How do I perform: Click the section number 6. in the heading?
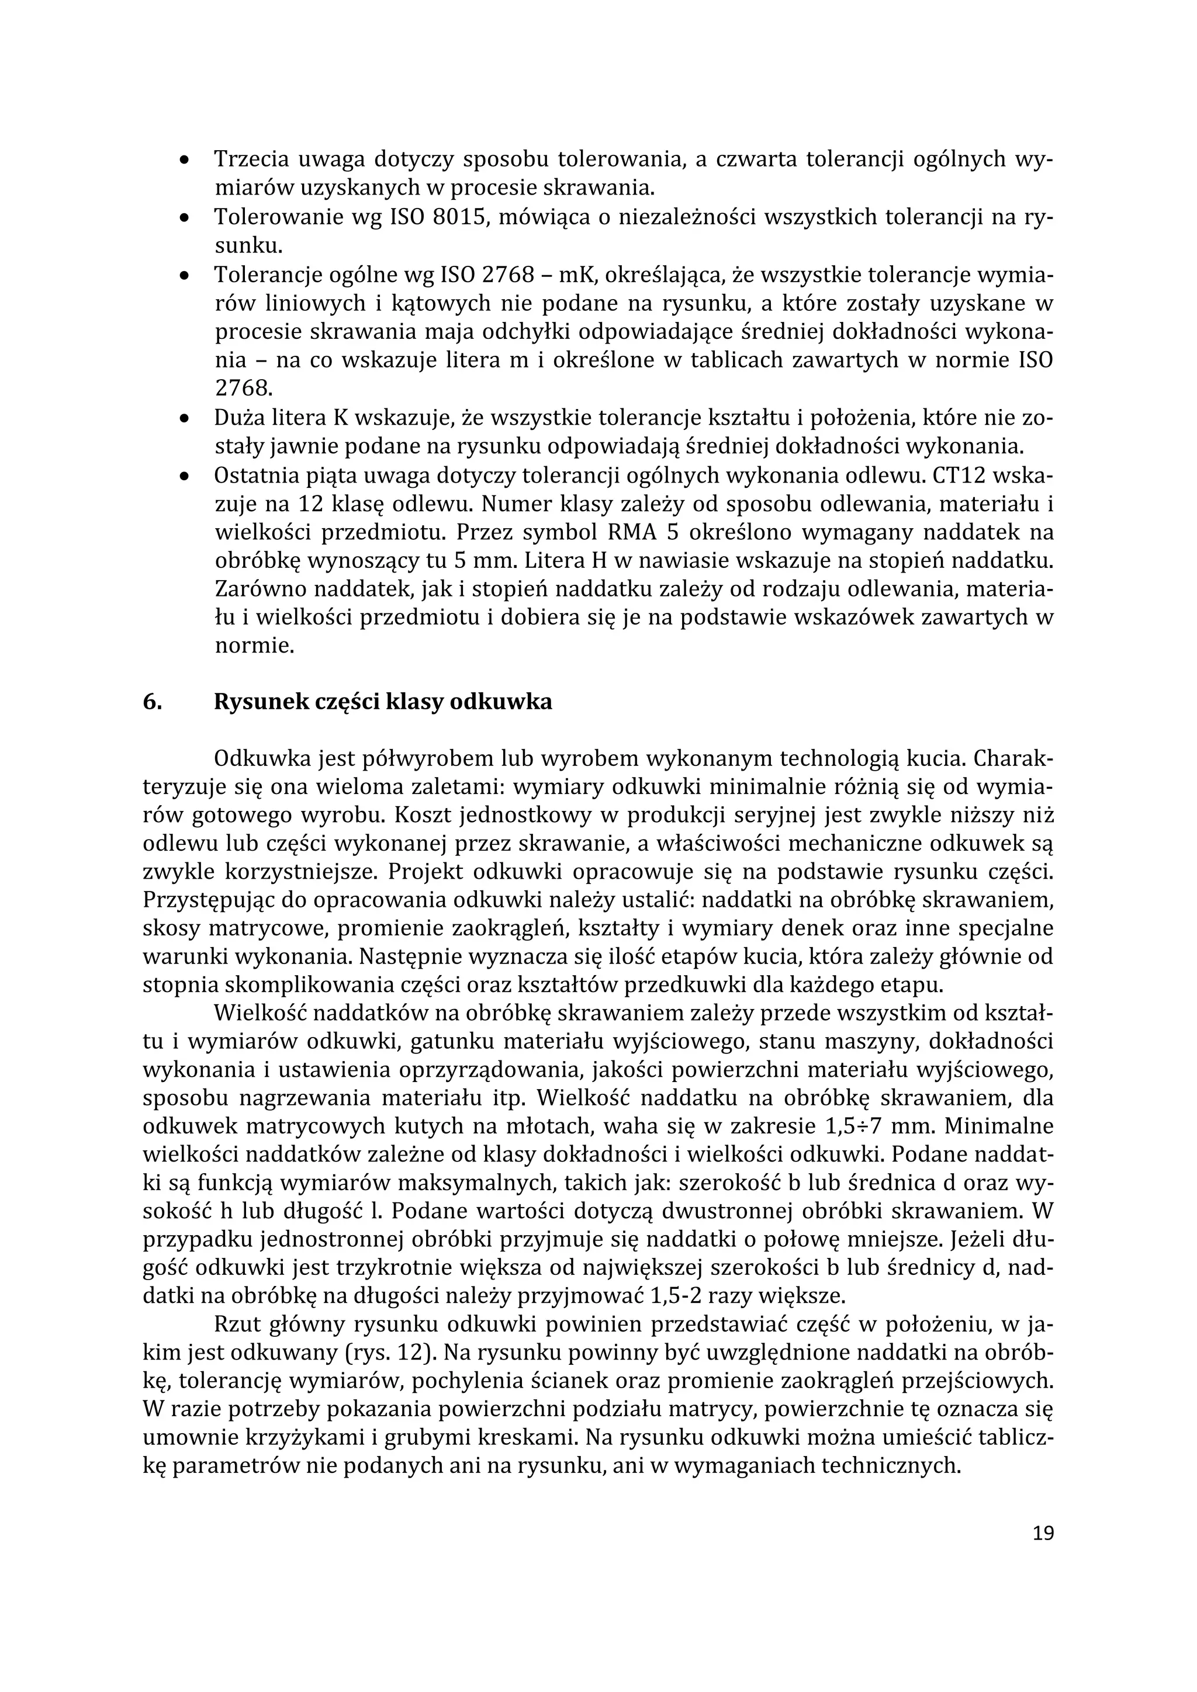click(x=152, y=702)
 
